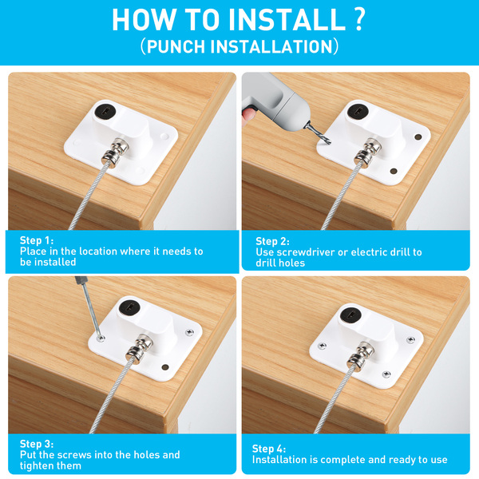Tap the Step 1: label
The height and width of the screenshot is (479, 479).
pos(37,240)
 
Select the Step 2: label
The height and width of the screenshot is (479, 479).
pos(272,241)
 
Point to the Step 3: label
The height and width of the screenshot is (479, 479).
pos(37,444)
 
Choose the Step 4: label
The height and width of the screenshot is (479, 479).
pos(269,449)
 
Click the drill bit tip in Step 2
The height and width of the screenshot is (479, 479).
pos(329,143)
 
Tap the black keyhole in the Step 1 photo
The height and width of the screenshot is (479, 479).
pos(103,111)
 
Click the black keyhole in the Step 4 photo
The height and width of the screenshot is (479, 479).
pos(351,315)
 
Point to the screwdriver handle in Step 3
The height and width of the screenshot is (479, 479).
pos(81,280)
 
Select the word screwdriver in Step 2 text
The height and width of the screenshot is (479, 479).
pos(306,252)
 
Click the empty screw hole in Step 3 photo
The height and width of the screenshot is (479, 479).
pos(165,367)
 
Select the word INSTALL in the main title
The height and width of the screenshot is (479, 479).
pos(287,19)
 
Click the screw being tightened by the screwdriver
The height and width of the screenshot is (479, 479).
pos(101,338)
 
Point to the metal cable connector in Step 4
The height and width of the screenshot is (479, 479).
pos(361,355)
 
